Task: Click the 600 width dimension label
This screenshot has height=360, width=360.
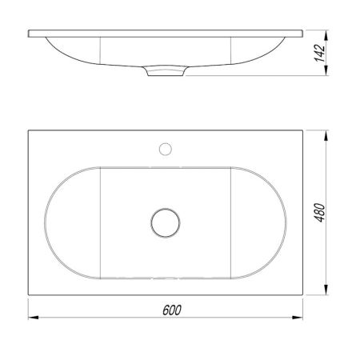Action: (x=172, y=310)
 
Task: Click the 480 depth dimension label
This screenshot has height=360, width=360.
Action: (x=320, y=213)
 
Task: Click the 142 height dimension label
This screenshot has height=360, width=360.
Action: (x=320, y=53)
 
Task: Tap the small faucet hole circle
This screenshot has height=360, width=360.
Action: (x=166, y=149)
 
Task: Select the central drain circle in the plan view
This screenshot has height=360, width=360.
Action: (x=166, y=222)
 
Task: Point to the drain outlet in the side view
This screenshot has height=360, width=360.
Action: (x=166, y=70)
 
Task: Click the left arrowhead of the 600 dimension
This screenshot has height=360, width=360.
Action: (x=34, y=318)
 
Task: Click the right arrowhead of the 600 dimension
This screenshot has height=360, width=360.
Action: (x=298, y=318)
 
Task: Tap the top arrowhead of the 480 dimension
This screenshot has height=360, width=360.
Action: (x=326, y=135)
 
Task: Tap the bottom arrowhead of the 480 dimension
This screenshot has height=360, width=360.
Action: (x=326, y=290)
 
